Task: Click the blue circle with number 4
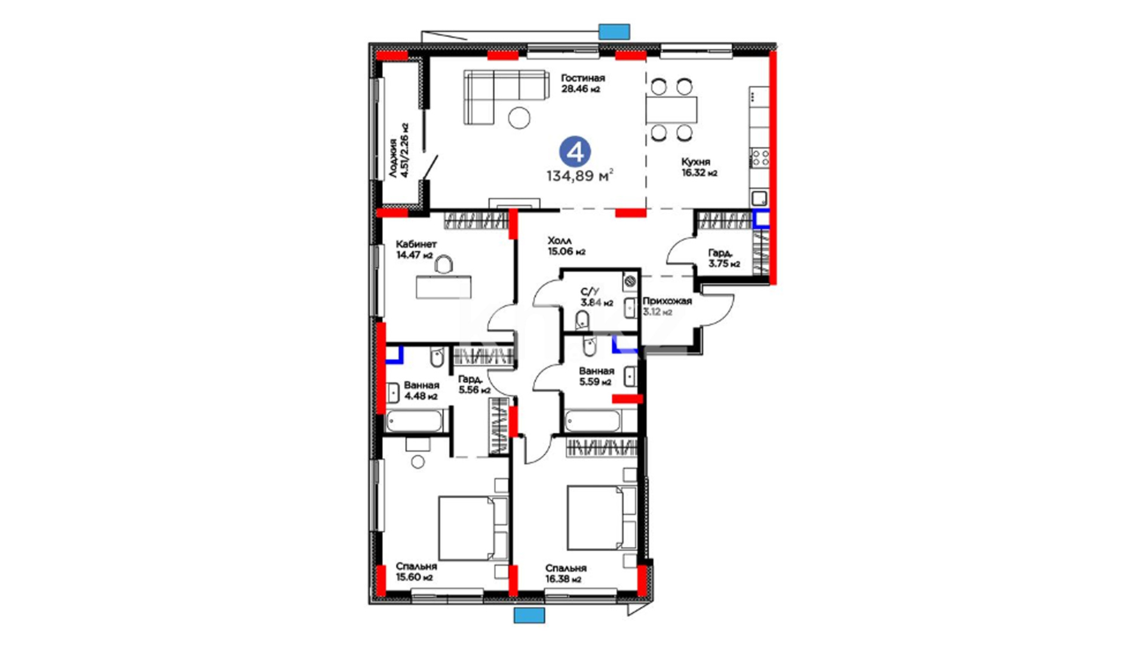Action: click(x=575, y=152)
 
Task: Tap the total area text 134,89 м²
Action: click(x=579, y=176)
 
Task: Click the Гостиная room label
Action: click(x=582, y=78)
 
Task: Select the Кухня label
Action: click(x=696, y=162)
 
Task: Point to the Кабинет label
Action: click(x=416, y=244)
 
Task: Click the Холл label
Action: click(x=560, y=241)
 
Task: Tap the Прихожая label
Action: click(x=667, y=301)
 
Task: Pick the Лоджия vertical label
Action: click(x=393, y=158)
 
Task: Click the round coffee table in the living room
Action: click(x=519, y=118)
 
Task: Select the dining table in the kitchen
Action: click(x=671, y=110)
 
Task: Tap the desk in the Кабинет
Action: click(x=444, y=287)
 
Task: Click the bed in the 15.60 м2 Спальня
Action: click(x=473, y=528)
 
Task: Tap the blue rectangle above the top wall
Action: click(x=614, y=32)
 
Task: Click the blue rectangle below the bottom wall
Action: click(x=529, y=615)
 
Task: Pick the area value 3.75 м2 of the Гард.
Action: click(x=724, y=264)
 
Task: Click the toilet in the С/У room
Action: click(x=582, y=321)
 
